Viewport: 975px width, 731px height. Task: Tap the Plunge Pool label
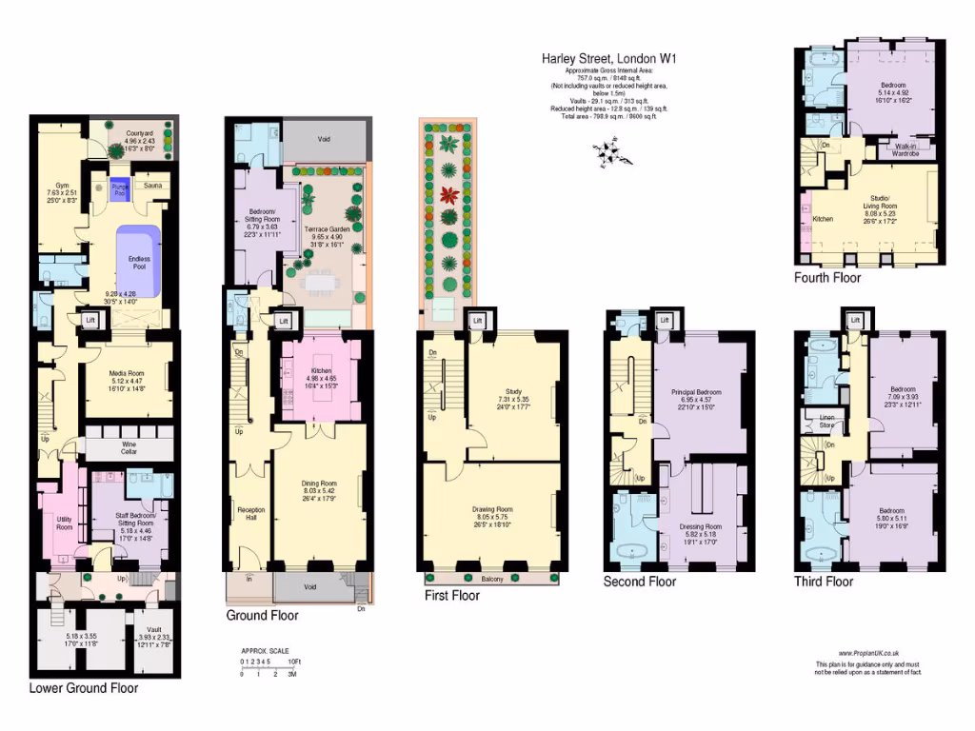[118, 188]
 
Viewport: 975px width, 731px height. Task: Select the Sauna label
[152, 187]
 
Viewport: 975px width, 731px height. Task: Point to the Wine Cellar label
[129, 447]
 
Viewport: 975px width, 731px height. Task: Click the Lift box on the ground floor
[283, 322]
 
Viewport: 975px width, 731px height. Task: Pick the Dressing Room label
[700, 526]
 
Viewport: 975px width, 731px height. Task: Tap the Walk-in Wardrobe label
[911, 149]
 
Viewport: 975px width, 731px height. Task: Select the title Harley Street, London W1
[609, 58]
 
